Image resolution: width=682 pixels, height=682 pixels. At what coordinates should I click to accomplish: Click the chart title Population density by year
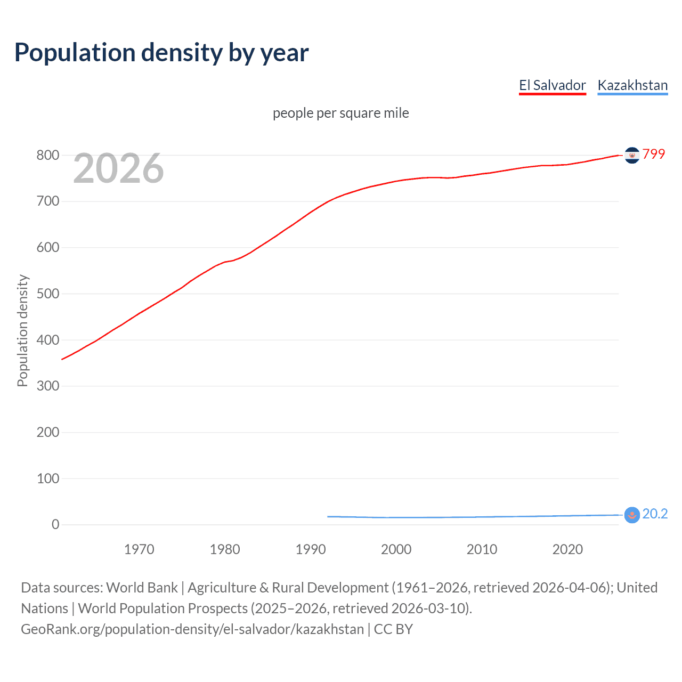161,53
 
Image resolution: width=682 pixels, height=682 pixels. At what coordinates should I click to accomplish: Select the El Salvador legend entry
552,85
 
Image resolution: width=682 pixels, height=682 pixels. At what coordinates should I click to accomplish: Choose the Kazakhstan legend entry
632,85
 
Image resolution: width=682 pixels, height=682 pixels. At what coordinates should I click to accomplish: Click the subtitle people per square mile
340,113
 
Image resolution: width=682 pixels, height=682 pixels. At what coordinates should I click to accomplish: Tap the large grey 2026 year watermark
118,168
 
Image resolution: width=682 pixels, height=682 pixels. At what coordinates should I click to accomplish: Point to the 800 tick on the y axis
47,155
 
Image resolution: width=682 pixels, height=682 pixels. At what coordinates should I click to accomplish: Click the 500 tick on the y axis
47,294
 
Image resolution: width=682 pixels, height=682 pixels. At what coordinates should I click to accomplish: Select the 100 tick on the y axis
47,478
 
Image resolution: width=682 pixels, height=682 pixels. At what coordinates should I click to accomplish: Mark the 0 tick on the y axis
55,524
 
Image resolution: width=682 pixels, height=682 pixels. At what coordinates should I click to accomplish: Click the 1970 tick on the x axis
139,549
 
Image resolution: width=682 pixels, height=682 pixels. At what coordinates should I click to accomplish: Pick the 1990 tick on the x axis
311,549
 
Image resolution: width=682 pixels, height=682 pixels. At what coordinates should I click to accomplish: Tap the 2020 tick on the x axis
567,549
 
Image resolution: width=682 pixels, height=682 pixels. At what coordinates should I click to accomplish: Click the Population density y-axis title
22,330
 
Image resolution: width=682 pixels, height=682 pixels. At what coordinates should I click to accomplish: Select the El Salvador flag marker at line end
632,155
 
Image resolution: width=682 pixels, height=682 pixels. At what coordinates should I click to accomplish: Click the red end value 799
654,154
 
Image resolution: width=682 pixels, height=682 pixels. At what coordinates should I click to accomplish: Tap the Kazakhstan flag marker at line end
631,515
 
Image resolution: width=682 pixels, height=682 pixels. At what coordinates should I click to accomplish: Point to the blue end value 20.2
655,514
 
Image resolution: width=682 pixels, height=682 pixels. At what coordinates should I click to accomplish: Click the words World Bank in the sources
142,588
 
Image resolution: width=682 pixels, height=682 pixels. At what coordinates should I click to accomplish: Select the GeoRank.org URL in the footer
192,629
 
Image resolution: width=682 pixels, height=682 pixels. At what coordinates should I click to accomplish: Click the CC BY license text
393,629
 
